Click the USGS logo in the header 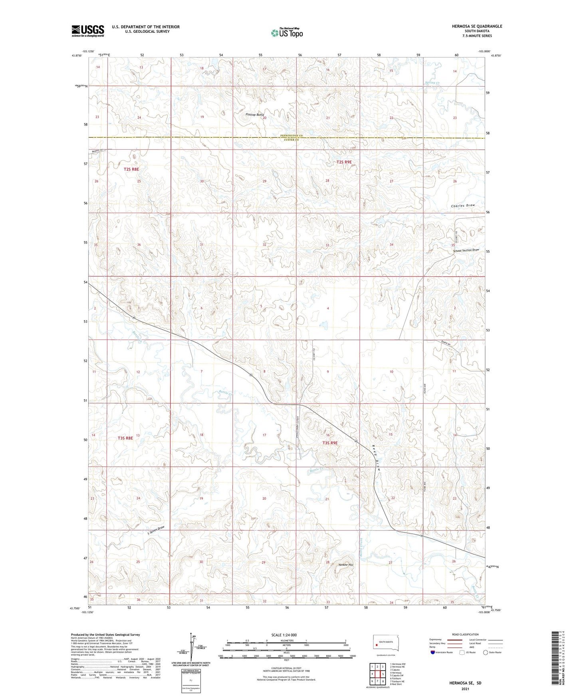(x=87, y=30)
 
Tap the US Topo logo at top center (x=286, y=33)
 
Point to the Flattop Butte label (x=254, y=115)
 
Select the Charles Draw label (x=463, y=206)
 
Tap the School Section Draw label (x=466, y=250)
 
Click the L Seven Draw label (x=156, y=530)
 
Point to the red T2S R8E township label (x=131, y=169)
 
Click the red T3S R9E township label (x=330, y=443)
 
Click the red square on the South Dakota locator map (x=376, y=645)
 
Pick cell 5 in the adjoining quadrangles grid (x=383, y=674)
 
